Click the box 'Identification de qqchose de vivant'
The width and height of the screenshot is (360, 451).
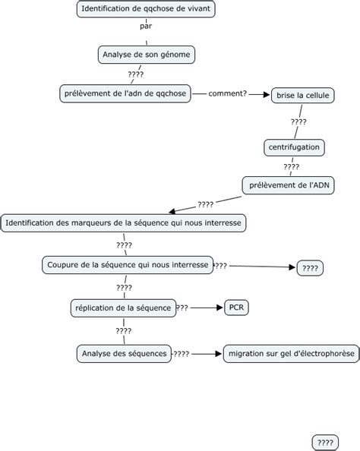pos(147,9)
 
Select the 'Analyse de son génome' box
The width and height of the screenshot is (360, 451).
pos(147,55)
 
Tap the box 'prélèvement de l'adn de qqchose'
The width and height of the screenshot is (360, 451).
pos(124,93)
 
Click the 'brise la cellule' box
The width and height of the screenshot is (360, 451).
pos(303,95)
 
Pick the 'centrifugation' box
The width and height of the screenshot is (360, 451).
pos(294,146)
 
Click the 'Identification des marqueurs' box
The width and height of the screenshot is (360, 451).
pos(124,223)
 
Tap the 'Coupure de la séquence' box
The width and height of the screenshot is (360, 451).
pos(128,264)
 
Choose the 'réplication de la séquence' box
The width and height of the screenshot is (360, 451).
pos(122,307)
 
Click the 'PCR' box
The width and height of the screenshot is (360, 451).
pos(236,307)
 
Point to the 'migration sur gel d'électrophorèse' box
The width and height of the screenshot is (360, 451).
pos(290,354)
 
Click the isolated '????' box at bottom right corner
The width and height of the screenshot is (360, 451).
pos(325,442)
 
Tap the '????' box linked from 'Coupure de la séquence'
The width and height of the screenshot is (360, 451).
pos(310,268)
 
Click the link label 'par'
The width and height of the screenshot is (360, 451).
pos(146,27)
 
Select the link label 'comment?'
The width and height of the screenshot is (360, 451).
pos(227,93)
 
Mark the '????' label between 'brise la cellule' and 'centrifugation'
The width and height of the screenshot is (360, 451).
pos(298,121)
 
